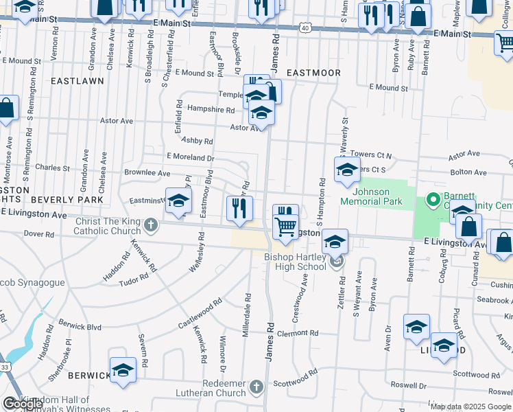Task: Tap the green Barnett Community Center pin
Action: (433, 200)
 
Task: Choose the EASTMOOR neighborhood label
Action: (313, 71)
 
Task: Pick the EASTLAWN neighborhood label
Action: (77, 80)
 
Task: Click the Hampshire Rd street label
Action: (211, 109)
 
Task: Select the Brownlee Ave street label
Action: (147, 173)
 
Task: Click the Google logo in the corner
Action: (22, 404)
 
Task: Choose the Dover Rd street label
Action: (38, 233)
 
